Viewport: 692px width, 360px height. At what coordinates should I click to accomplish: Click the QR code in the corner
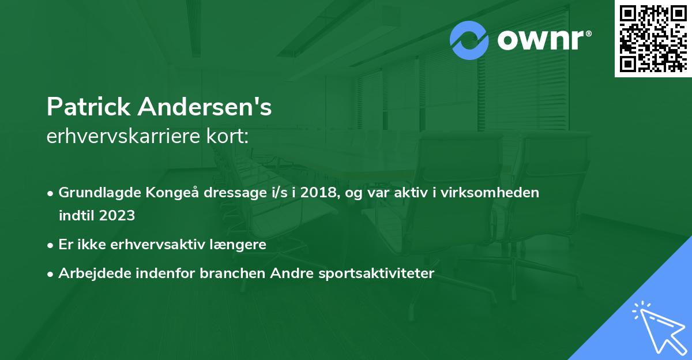coord(653,39)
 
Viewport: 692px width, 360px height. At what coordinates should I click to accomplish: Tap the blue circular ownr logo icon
coord(469,40)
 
